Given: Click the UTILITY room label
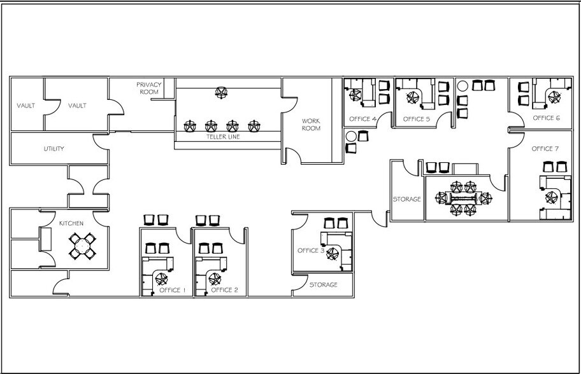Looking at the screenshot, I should (x=54, y=149).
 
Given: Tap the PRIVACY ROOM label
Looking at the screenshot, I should (x=148, y=88).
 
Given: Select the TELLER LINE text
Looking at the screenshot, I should (x=222, y=137).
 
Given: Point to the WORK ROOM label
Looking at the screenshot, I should (x=311, y=124).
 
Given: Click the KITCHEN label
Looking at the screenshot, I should (x=71, y=224).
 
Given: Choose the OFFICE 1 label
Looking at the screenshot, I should (x=171, y=290).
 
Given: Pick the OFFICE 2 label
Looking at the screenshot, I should (x=224, y=290).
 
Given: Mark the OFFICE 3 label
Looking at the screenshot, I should (x=311, y=251).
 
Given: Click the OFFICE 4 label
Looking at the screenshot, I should (x=363, y=119).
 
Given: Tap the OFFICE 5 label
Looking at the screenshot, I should (x=417, y=119).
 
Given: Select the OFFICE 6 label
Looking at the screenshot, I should (x=546, y=118).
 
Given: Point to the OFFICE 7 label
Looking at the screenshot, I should (x=545, y=149).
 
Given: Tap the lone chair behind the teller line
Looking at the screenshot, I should (x=221, y=93).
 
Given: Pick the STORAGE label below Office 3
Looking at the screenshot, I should (x=323, y=285).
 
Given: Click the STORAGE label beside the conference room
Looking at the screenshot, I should (x=406, y=199).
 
